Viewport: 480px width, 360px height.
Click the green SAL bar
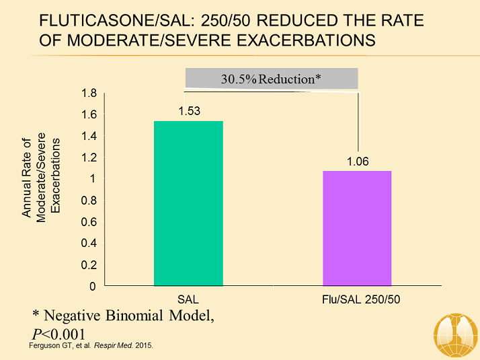coord(188,203)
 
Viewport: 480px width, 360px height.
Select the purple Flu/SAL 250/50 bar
coord(357,228)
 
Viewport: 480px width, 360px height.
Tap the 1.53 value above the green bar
coord(188,110)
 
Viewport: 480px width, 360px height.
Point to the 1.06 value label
coord(358,161)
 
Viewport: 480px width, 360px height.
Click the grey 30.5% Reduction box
coord(272,79)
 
